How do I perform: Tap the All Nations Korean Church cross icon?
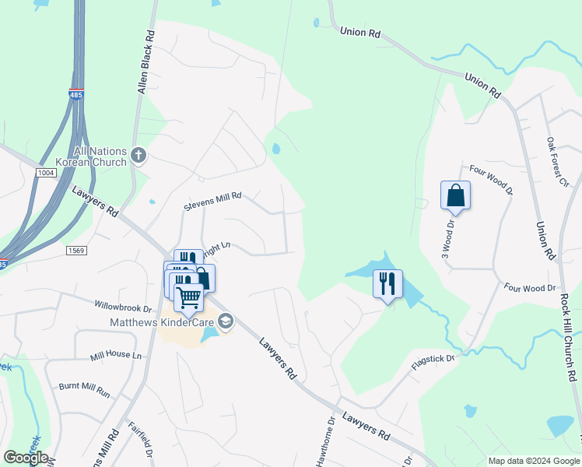click(x=138, y=156)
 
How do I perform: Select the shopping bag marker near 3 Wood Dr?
click(x=455, y=195)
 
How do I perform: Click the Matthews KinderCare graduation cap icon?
click(x=226, y=321)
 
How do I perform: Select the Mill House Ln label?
click(x=117, y=355)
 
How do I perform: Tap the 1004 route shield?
click(x=46, y=172)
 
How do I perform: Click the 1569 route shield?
click(x=75, y=250)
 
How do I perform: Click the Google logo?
click(x=26, y=457)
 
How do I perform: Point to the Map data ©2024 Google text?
click(x=533, y=461)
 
